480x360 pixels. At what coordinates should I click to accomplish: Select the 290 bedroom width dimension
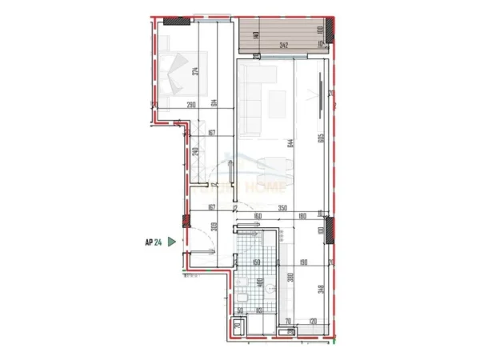[191, 105]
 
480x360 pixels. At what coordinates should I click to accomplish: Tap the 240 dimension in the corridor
[194, 152]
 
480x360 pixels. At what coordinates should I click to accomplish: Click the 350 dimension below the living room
[282, 207]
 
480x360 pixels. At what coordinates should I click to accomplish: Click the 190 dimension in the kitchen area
[304, 262]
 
